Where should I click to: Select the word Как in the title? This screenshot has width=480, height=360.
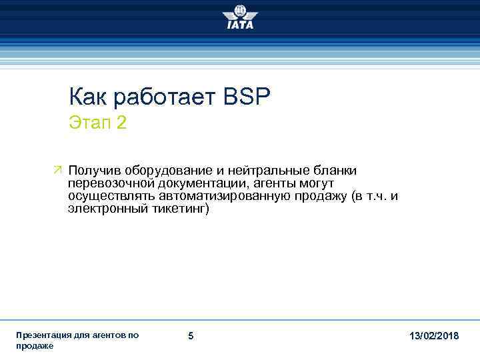point(89,98)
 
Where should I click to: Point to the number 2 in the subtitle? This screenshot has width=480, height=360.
point(121,123)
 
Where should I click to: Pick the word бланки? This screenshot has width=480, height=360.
point(333,171)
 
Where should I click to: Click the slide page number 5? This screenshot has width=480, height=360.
point(191,336)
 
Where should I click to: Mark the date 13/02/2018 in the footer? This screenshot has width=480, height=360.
point(434,336)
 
